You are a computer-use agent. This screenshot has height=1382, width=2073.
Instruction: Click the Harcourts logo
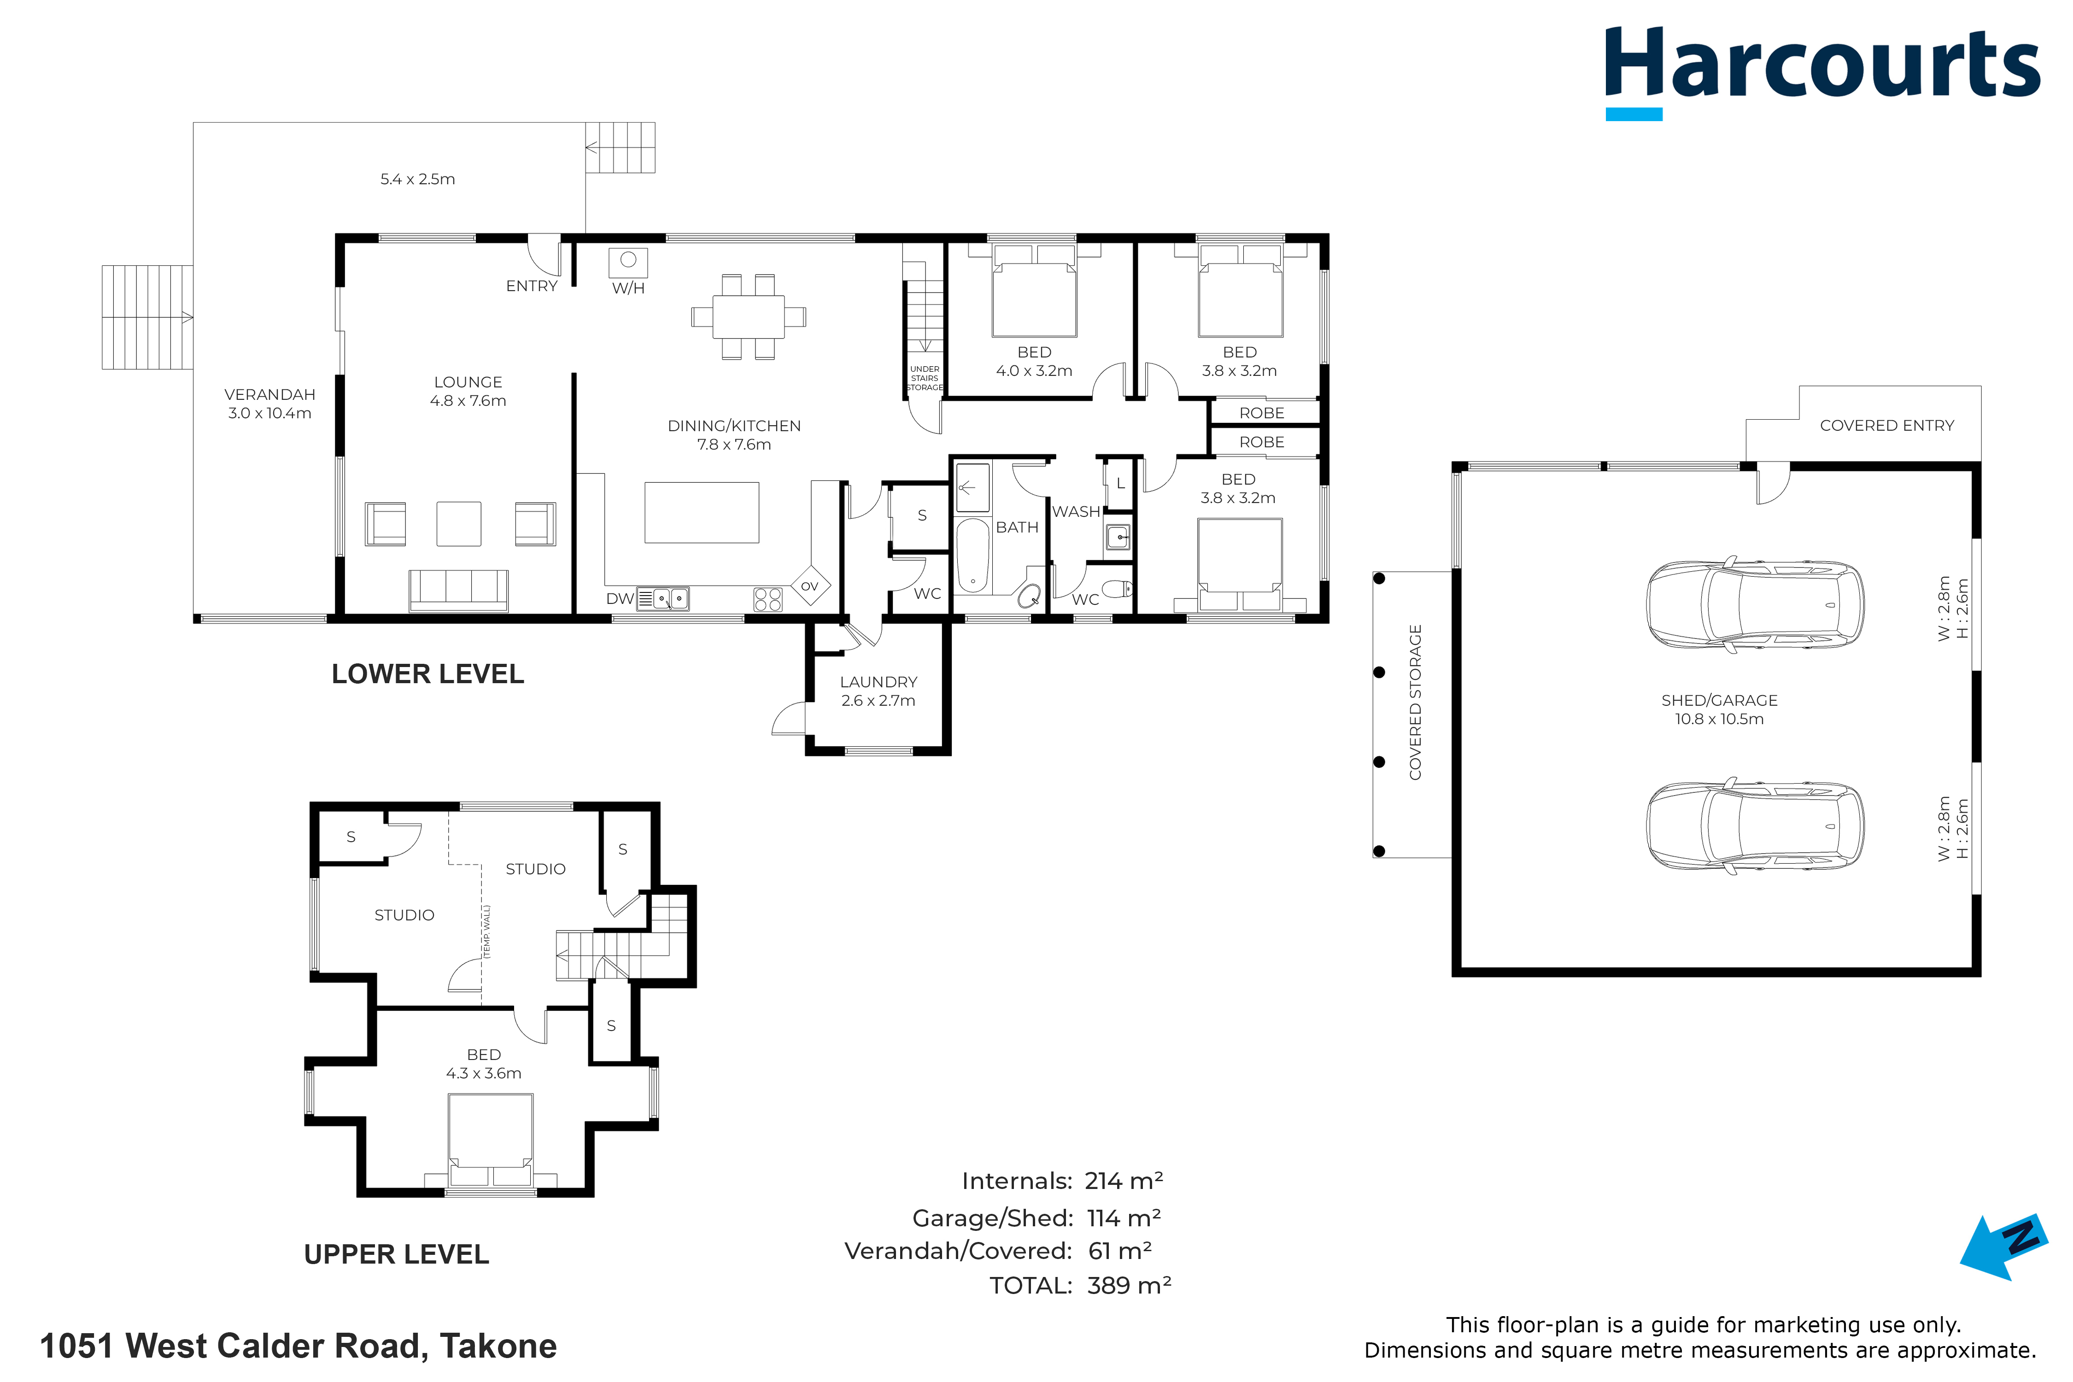(x=1821, y=72)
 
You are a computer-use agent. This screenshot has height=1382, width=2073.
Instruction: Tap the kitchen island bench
(x=702, y=512)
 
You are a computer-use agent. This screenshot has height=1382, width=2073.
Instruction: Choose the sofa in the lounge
(x=458, y=591)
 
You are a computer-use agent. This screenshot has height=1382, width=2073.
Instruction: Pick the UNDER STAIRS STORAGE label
(x=925, y=378)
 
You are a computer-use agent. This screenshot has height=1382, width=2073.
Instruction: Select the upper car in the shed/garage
(x=1755, y=604)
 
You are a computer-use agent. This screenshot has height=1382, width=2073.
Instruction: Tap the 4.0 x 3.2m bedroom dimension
(x=1034, y=371)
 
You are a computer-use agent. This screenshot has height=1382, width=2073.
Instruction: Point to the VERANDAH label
(x=269, y=395)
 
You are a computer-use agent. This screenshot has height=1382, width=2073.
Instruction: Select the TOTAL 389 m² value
(x=1129, y=1285)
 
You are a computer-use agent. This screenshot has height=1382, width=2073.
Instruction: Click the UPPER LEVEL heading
(x=397, y=1254)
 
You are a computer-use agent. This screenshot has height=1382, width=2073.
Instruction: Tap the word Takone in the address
(x=499, y=1346)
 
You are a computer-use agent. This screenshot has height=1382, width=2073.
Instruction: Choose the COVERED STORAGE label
(x=1416, y=703)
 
